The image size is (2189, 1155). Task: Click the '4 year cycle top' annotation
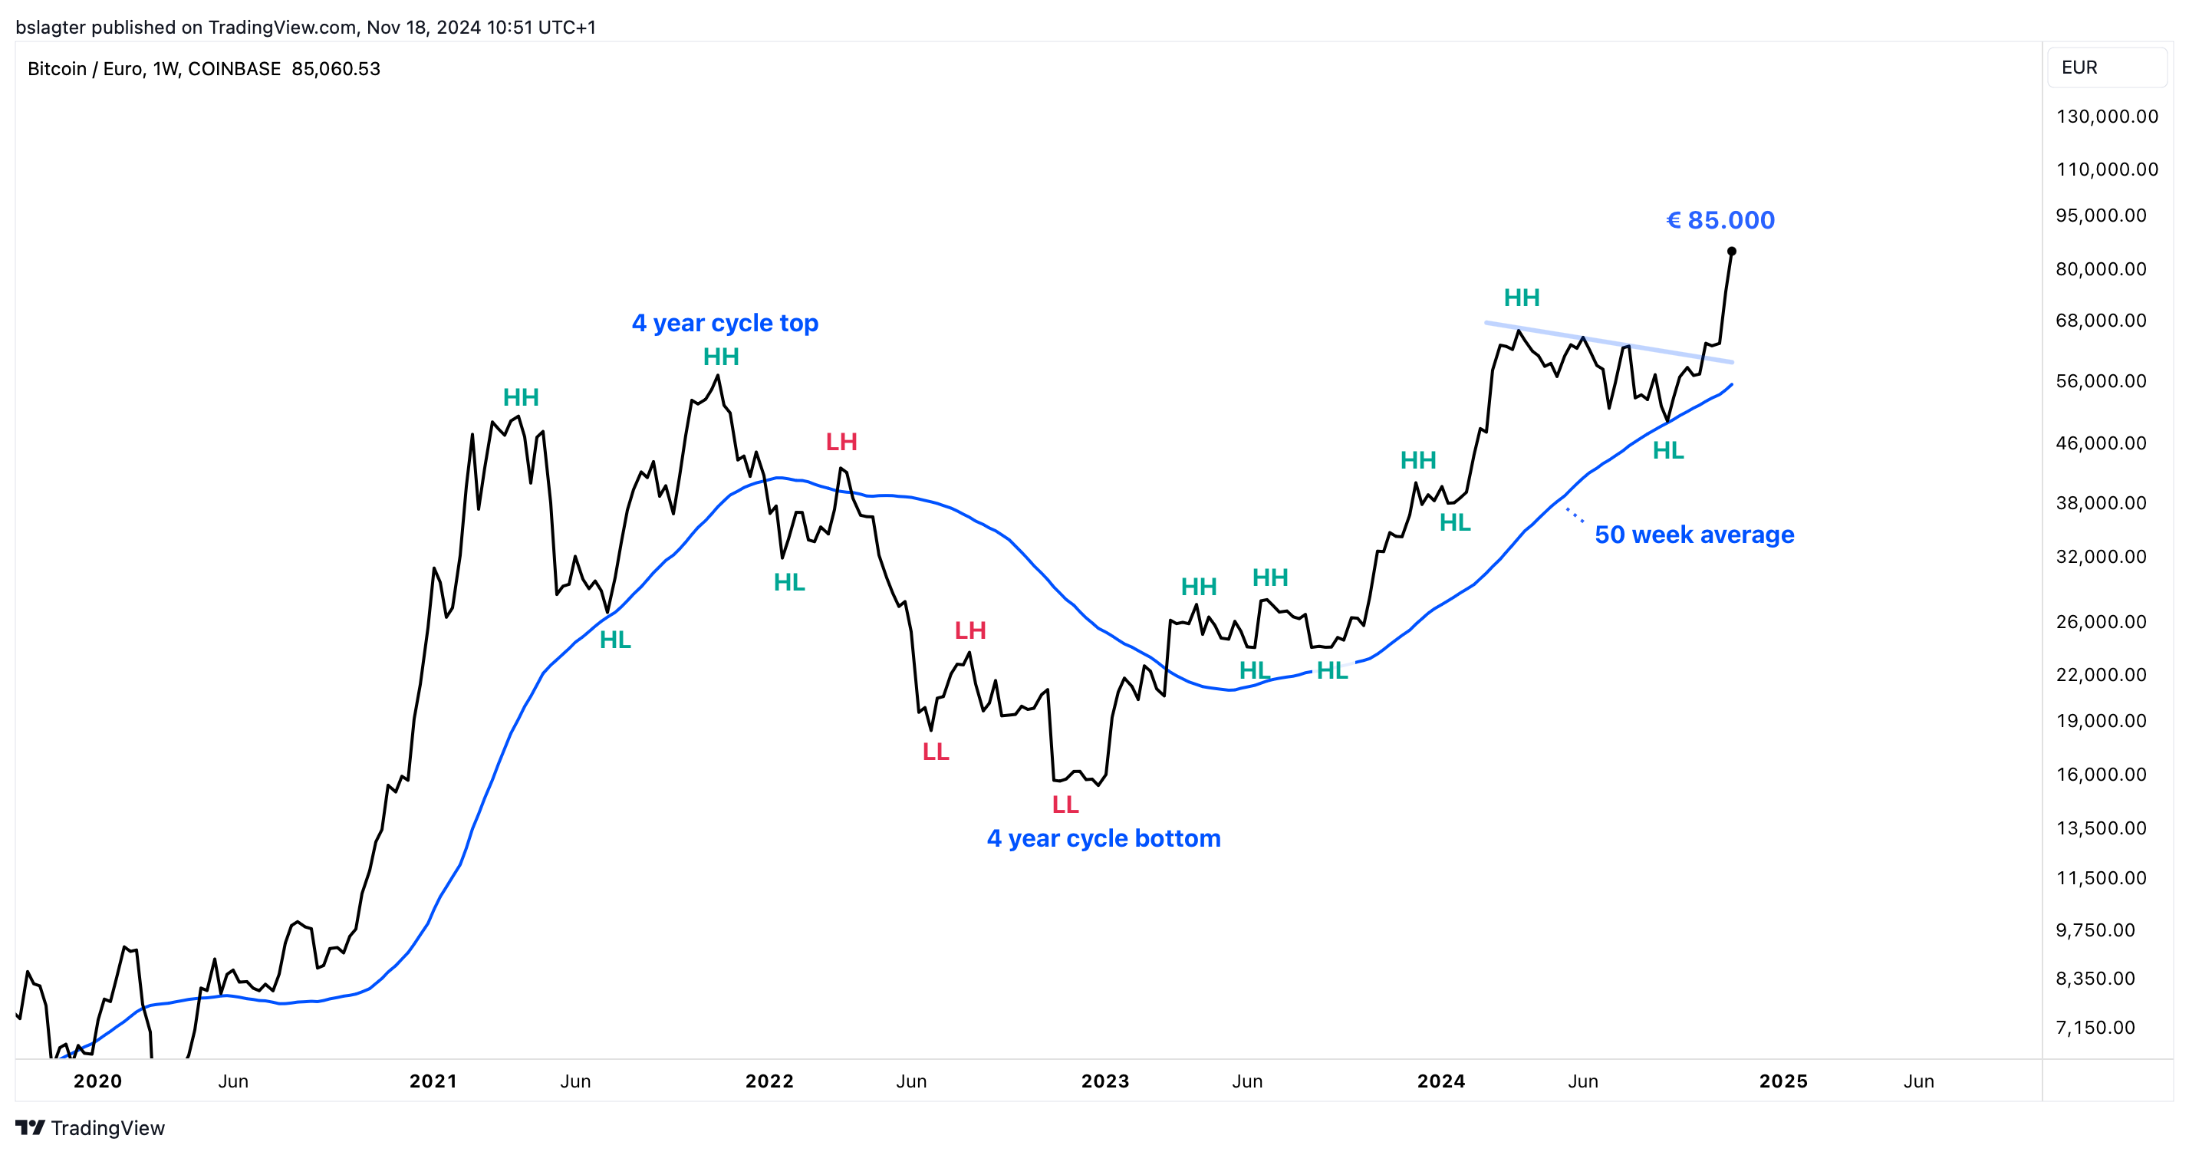coord(725,323)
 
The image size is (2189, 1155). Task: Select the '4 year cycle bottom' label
coord(1103,838)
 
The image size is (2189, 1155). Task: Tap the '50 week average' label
coord(1694,535)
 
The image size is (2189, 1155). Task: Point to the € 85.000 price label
coord(1720,220)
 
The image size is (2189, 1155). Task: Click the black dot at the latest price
coord(1731,252)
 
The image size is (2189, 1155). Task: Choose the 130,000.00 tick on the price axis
coord(2107,117)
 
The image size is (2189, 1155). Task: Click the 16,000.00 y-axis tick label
coord(2101,775)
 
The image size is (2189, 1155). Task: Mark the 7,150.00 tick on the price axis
coord(2095,1028)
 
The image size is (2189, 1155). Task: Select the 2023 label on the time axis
coord(1104,1081)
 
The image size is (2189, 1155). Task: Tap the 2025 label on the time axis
coord(1782,1081)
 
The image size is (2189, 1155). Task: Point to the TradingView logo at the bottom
coord(90,1128)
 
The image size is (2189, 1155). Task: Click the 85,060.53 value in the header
coord(336,69)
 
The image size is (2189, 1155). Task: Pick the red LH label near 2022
coord(841,442)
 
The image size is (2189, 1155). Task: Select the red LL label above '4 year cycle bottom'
coord(1065,804)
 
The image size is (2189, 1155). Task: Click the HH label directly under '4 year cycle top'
coord(721,357)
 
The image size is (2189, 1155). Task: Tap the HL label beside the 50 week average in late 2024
coord(1667,450)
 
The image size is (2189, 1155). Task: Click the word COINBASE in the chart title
coord(234,69)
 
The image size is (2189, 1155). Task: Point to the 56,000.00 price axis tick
coord(2101,380)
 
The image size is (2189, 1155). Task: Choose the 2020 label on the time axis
coord(97,1081)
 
